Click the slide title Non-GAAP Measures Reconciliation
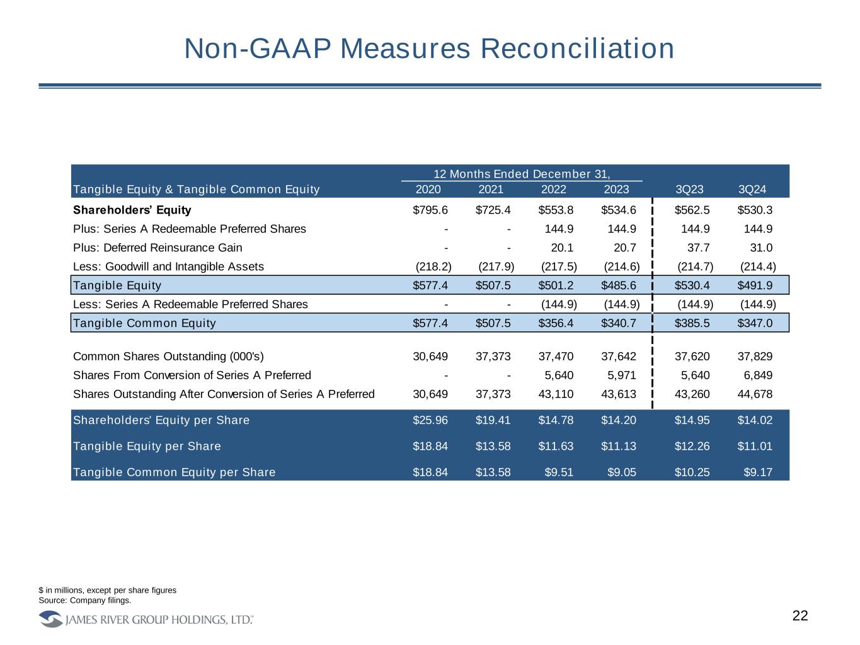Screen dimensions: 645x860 pyautogui.click(x=429, y=49)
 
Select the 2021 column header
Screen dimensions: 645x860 pyautogui.click(x=491, y=190)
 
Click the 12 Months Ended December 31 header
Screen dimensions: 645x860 pyautogui.click(x=522, y=174)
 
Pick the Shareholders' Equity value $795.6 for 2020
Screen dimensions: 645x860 pyautogui.click(x=430, y=210)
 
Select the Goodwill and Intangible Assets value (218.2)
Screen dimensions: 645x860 pyautogui.click(x=433, y=266)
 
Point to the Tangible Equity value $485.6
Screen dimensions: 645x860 pyautogui.click(x=619, y=285)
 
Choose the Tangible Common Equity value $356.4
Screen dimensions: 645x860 pyautogui.click(x=556, y=323)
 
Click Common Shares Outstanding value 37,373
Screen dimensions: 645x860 pyautogui.click(x=493, y=357)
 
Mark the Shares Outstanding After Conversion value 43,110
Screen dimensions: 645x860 pyautogui.click(x=556, y=394)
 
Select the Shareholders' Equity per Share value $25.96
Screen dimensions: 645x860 pyautogui.click(x=430, y=420)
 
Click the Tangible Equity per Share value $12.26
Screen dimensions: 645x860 pyautogui.click(x=692, y=446)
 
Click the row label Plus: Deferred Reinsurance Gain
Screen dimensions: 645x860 pyautogui.click(x=158, y=248)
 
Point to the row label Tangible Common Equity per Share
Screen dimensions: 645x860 pyautogui.click(x=174, y=472)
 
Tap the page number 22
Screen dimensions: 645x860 pyautogui.click(x=800, y=616)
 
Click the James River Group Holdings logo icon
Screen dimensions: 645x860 pyautogui.click(x=50, y=620)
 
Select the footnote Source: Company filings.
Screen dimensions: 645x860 pyautogui.click(x=85, y=600)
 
